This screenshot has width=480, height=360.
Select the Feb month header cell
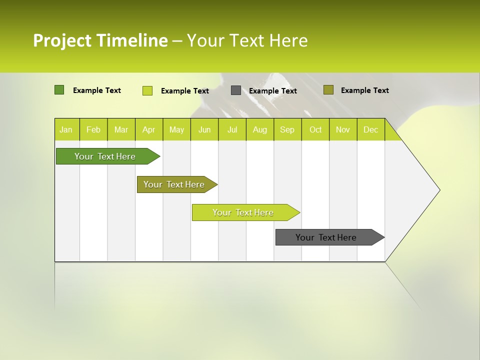coord(93,129)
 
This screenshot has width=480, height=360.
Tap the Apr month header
coord(149,129)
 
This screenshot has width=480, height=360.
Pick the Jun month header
coord(204,129)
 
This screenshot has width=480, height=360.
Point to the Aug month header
coord(260,129)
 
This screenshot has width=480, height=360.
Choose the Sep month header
coord(287,129)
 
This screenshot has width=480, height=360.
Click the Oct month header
coord(315,129)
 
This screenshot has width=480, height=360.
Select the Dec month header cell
coord(371,129)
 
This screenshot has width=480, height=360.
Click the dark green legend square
coord(59,90)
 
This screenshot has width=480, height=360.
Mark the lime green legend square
coord(147,90)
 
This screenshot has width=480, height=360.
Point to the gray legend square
coord(235,90)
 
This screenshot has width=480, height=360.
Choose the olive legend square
coord(328,90)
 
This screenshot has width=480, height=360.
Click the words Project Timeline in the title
coord(100,40)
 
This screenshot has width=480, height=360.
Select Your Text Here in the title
coord(247,40)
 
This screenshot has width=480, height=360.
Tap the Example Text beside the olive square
coord(364,90)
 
